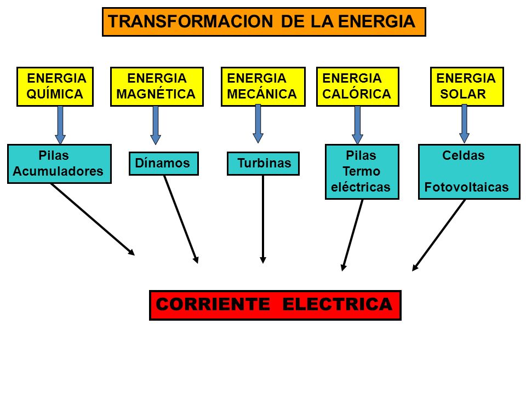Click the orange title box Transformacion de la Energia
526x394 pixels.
click(264, 22)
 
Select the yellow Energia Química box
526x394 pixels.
click(55, 86)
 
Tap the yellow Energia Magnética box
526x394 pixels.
click(157, 86)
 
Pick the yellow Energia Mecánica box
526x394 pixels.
click(262, 86)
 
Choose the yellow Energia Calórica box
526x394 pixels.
click(357, 86)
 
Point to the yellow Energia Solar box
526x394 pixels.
click(466, 86)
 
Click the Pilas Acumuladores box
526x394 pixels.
click(59, 163)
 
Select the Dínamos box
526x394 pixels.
click(163, 163)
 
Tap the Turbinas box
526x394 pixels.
click(263, 163)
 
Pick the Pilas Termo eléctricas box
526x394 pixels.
click(362, 171)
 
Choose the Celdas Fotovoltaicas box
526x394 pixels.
click(468, 171)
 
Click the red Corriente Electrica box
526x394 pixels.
click(275, 305)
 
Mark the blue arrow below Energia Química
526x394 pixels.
click(60, 125)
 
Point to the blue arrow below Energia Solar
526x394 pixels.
click(464, 124)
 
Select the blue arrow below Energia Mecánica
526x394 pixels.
click(258, 124)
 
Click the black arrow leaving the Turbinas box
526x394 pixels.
click(263, 219)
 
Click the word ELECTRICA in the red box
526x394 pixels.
click(338, 305)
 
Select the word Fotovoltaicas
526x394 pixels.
click(466, 188)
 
